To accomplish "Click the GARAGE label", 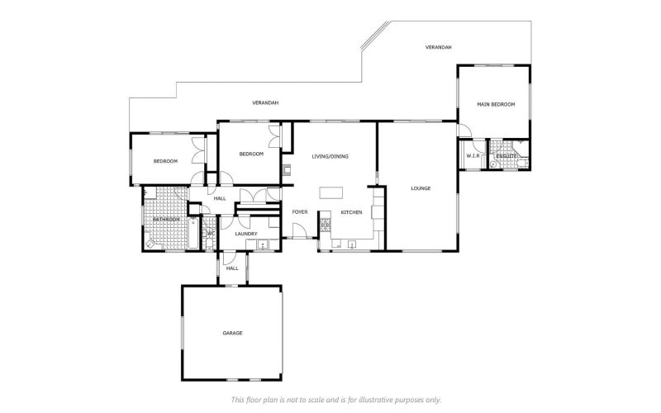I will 232,333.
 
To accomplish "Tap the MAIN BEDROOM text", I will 496,104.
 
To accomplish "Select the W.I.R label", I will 473,155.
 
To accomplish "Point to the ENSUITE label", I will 506,155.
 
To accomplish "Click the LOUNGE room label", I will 421,188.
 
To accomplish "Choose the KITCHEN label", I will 352,212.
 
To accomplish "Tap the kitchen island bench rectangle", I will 330,192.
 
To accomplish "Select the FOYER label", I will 299,212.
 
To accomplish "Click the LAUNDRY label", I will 245,234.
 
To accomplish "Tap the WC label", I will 210,234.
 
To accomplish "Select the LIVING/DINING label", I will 329,156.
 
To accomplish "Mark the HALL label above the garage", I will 232,268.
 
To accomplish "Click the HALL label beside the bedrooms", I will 220,198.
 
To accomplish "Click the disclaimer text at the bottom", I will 330,400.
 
